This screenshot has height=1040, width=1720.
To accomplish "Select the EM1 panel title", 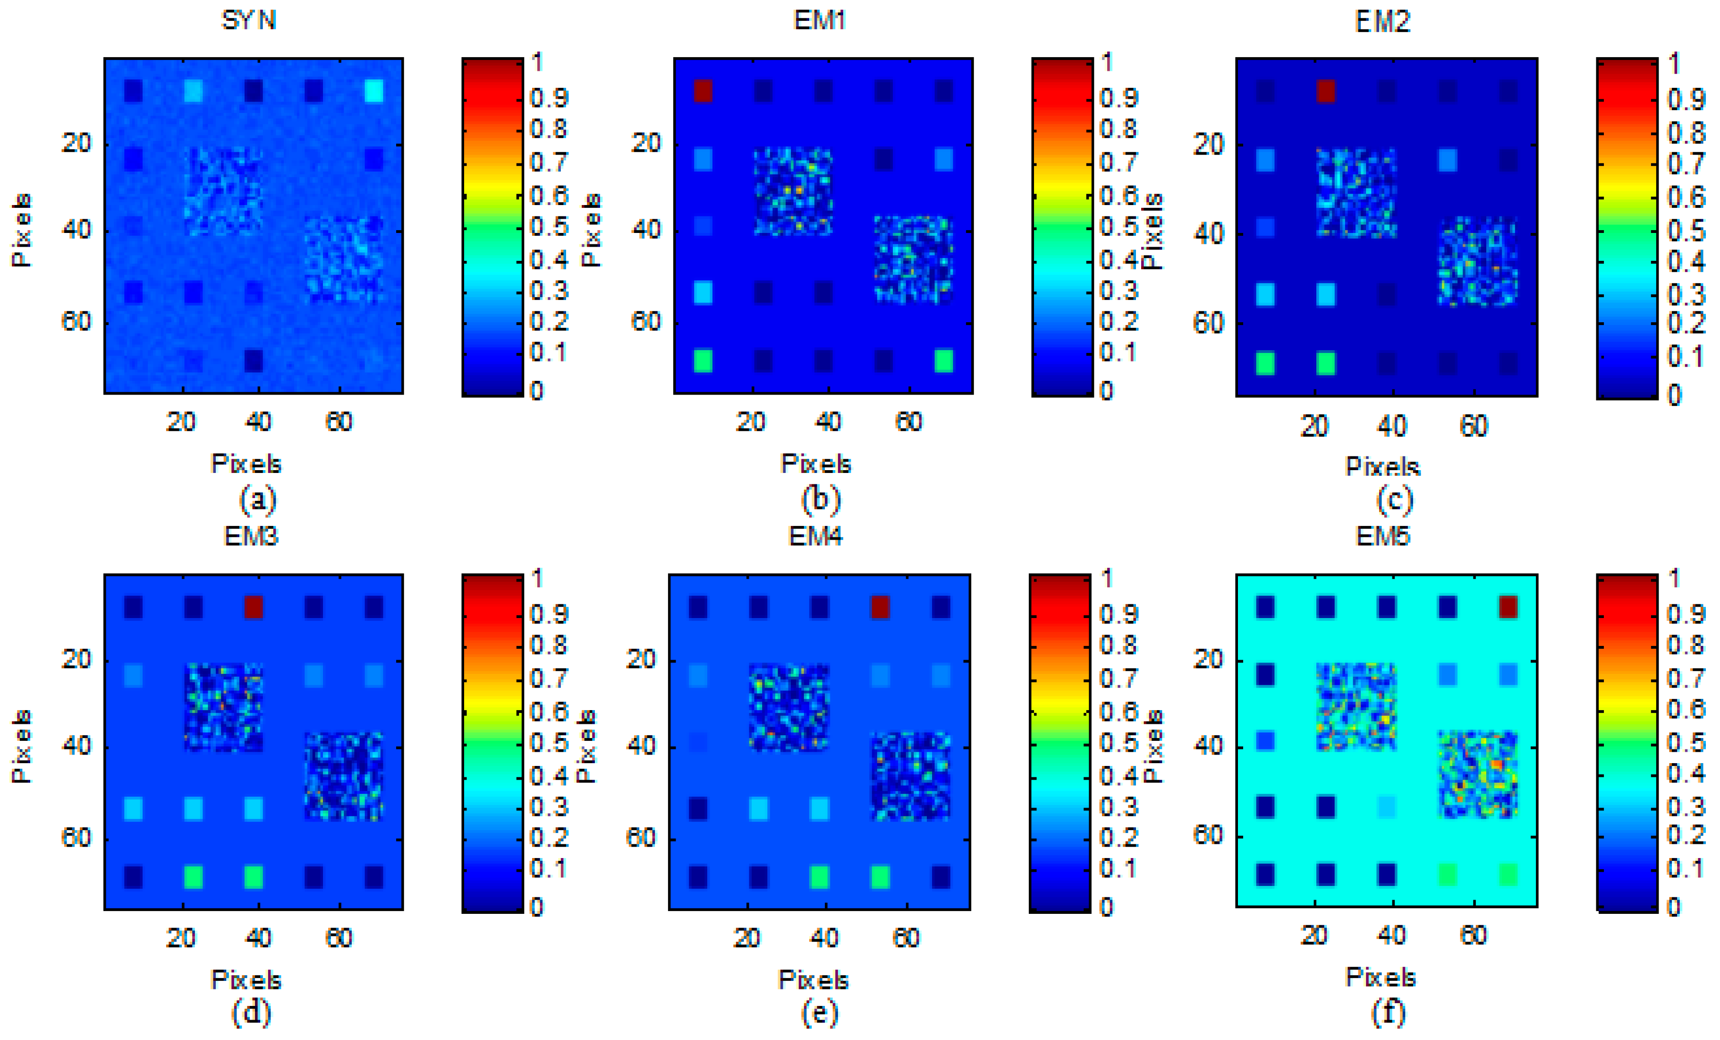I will point(820,20).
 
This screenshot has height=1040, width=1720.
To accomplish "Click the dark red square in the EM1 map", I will point(703,91).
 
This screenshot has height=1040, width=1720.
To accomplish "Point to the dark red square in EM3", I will point(254,607).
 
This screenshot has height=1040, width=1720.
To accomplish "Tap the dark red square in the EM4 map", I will point(880,607).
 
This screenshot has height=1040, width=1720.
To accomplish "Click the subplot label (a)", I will point(258,499).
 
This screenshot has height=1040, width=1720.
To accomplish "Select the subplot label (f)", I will point(1388,1013).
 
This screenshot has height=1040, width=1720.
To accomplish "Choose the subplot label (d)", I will point(251,1013).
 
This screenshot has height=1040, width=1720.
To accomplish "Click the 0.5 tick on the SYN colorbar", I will point(549,226).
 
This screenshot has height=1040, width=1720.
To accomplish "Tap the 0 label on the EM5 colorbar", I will point(1673,907).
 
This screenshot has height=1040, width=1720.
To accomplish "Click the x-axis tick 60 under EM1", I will point(908,422).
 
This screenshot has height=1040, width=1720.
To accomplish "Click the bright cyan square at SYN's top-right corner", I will point(374,91).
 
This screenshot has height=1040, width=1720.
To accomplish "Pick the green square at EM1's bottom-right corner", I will point(944,361).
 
